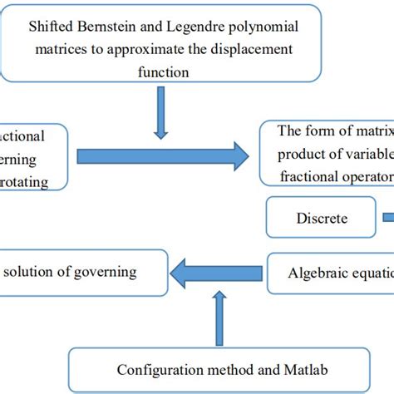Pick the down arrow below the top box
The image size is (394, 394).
[x=161, y=117]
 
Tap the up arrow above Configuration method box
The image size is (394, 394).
[x=219, y=320]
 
